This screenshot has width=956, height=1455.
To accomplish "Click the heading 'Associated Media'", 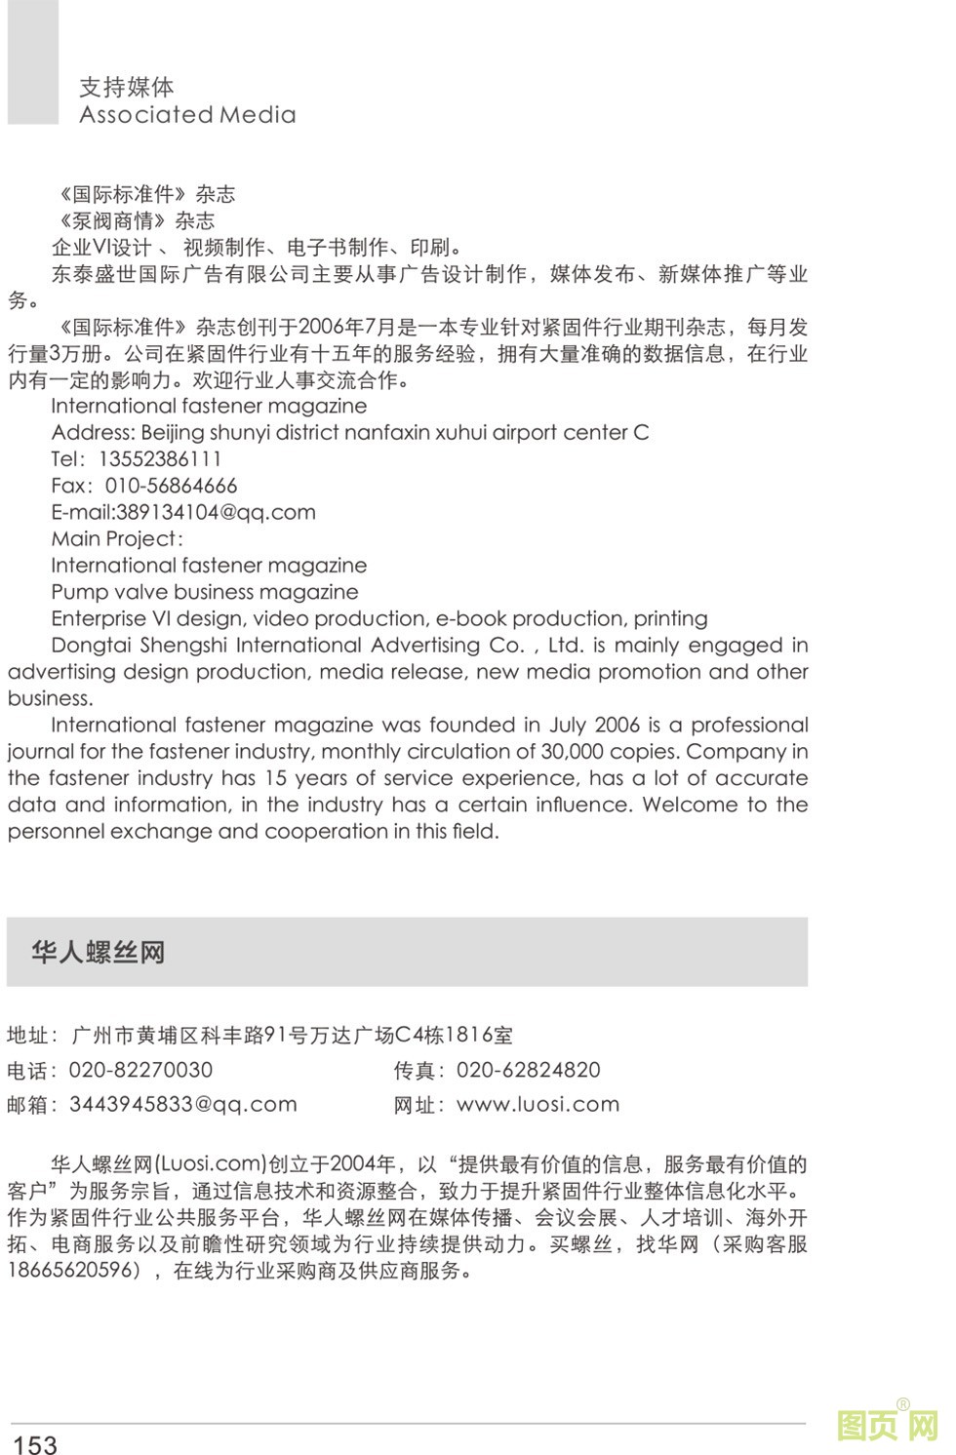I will click(187, 115).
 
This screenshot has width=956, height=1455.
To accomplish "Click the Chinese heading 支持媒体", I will click(126, 87).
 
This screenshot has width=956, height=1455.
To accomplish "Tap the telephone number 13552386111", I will click(160, 459).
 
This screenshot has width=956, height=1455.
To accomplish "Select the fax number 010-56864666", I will click(171, 486).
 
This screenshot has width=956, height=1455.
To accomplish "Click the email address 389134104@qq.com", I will click(216, 512).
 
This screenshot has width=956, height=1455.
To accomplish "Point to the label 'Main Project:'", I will click(117, 538).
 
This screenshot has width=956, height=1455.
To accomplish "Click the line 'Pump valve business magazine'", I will click(204, 592).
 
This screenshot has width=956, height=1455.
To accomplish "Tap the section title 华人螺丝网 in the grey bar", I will click(98, 952).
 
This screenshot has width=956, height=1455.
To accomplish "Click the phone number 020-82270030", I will click(140, 1070).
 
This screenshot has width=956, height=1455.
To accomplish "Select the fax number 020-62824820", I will click(528, 1070).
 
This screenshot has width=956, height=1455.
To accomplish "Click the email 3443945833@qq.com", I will click(182, 1104).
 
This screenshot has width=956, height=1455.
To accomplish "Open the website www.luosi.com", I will click(538, 1104).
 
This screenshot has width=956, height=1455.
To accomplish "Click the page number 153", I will click(35, 1443).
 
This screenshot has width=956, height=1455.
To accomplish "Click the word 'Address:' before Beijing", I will click(93, 433).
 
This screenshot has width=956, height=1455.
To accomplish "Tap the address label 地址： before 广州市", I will click(32, 1035).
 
